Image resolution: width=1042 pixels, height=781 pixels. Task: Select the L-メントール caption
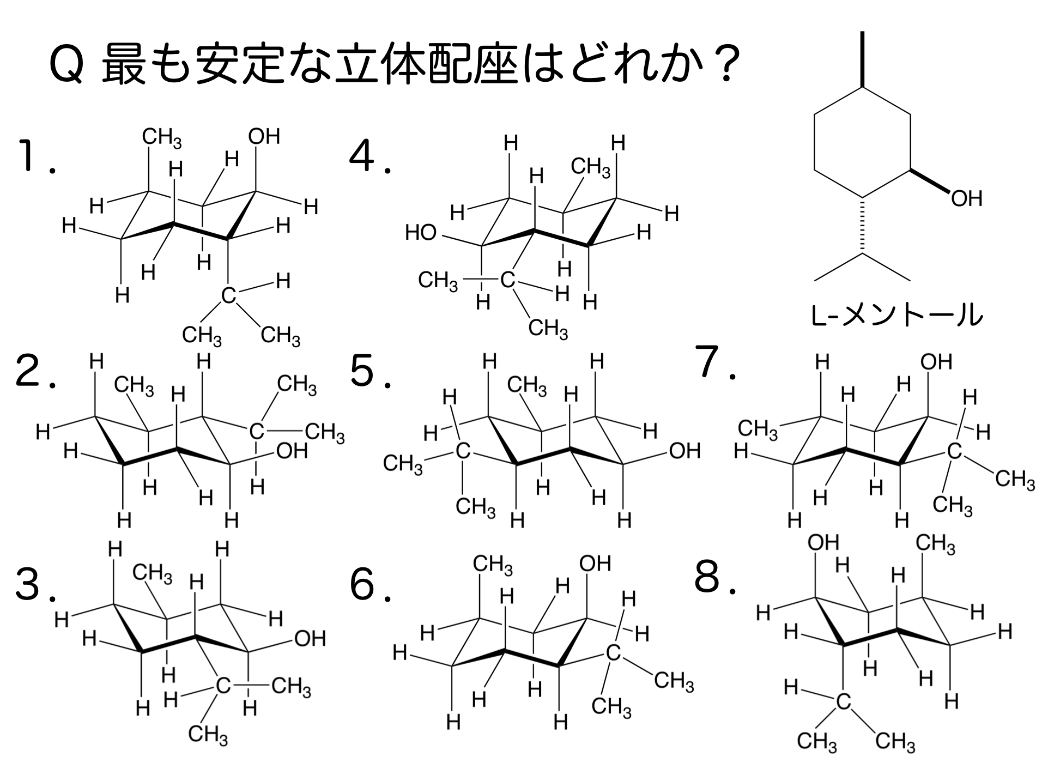coord(897,316)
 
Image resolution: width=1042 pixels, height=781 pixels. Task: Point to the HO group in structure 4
coord(421,233)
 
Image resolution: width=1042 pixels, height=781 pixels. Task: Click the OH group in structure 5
coord(684,451)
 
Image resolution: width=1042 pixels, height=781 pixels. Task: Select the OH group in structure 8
coord(823,542)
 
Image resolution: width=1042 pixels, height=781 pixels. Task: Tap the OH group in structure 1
coord(264,136)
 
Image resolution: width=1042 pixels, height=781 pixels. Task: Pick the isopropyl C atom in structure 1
coord(229,296)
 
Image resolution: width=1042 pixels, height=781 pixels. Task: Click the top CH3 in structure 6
coord(492,565)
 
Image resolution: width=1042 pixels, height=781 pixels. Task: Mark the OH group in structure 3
coord(310,638)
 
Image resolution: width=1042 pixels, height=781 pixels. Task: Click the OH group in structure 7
coord(936,361)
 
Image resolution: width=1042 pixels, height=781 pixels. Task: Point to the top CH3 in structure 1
coord(162,138)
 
